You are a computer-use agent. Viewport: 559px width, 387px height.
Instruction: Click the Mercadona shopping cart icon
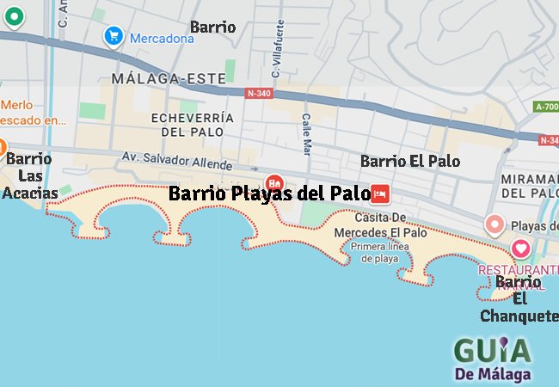(x=113, y=36)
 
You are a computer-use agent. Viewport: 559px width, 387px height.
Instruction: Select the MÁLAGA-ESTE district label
(x=163, y=77)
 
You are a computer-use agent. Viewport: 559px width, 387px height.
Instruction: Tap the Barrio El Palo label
(x=409, y=161)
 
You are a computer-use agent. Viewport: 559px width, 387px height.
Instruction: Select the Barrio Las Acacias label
(x=30, y=175)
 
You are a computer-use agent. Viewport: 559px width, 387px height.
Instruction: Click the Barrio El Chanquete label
(x=519, y=298)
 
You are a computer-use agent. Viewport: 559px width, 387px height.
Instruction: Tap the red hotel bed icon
(x=380, y=193)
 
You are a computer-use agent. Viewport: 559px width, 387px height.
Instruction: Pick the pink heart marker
(x=521, y=249)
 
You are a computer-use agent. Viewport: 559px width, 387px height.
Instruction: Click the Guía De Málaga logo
(x=492, y=357)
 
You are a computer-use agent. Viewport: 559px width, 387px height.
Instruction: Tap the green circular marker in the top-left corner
(x=14, y=15)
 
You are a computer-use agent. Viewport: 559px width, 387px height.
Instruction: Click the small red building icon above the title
(x=275, y=182)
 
